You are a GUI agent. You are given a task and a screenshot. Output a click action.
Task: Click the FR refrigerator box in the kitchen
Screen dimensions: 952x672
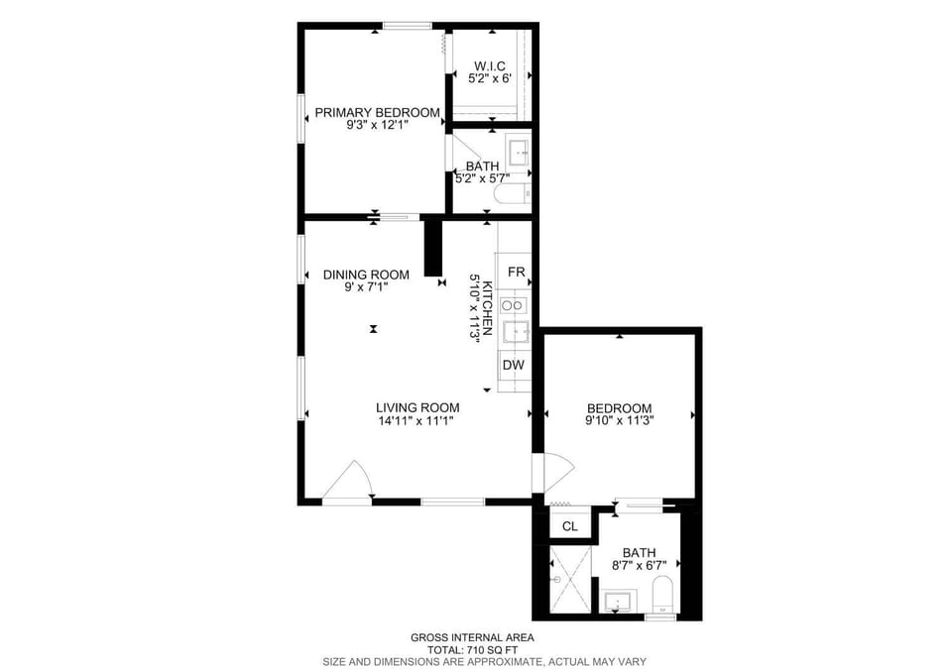click(515, 272)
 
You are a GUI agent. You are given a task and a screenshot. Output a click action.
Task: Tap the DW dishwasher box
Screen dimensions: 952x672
click(514, 365)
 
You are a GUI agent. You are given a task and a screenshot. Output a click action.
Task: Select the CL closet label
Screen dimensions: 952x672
click(569, 526)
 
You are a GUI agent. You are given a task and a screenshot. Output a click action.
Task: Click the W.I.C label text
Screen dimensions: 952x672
click(489, 65)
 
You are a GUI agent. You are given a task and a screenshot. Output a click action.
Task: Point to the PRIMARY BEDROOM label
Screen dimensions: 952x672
click(377, 112)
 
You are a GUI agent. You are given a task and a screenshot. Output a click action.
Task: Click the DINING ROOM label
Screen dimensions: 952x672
click(366, 275)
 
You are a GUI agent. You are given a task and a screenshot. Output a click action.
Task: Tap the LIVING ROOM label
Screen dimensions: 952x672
click(417, 408)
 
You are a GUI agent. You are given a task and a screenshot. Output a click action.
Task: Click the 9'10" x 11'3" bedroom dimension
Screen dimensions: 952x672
click(619, 420)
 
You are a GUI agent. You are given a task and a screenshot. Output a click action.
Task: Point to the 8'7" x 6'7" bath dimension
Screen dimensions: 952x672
click(639, 565)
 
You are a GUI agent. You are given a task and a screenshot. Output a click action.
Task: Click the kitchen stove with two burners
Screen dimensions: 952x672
click(513, 305)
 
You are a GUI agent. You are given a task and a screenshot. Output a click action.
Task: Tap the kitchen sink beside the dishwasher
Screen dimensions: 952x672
click(516, 332)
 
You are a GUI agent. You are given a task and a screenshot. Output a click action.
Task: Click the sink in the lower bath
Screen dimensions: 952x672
click(618, 601)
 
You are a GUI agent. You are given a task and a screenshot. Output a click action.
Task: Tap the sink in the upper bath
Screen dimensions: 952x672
click(519, 153)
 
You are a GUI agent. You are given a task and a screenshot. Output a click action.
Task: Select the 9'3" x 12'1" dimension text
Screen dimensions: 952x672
click(377, 125)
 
